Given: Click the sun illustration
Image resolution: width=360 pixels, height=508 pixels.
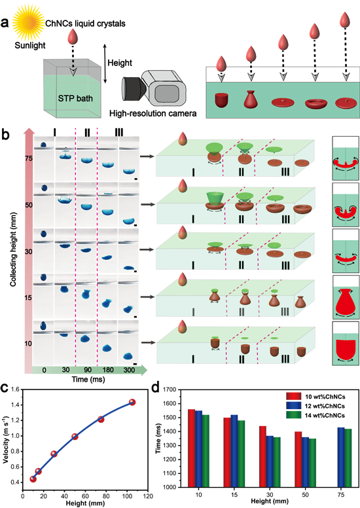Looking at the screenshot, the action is click(28, 23).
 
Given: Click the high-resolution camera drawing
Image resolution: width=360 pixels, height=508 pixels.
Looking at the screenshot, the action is click(154, 88).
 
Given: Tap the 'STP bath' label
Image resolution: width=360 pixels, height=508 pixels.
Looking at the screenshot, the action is click(75, 98).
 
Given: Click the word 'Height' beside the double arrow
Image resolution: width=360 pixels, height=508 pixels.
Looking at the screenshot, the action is click(120, 63).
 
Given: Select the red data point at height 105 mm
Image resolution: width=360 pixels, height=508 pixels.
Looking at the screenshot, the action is click(132, 402).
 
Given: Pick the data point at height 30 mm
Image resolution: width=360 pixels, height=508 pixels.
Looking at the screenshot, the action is click(54, 454).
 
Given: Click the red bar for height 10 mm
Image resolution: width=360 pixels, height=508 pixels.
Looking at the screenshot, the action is click(192, 448).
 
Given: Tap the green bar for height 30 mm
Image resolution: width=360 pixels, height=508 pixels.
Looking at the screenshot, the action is click(277, 462).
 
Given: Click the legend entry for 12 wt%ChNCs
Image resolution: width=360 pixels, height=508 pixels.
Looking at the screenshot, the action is click(315, 406).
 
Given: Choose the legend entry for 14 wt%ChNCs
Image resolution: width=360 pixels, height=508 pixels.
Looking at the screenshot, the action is click(315, 415).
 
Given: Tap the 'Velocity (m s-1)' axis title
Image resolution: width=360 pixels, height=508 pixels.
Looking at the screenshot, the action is click(5, 441).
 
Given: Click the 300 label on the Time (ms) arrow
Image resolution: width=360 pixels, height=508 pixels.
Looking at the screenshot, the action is click(129, 370).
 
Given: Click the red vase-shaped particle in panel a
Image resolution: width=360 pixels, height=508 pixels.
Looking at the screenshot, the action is click(251, 99).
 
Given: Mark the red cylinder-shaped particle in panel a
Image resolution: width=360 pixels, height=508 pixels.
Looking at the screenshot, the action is click(222, 100).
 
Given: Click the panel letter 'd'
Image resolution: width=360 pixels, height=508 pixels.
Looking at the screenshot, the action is click(156, 388).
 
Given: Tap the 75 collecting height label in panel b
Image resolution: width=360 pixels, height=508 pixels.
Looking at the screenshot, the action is click(29, 158).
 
